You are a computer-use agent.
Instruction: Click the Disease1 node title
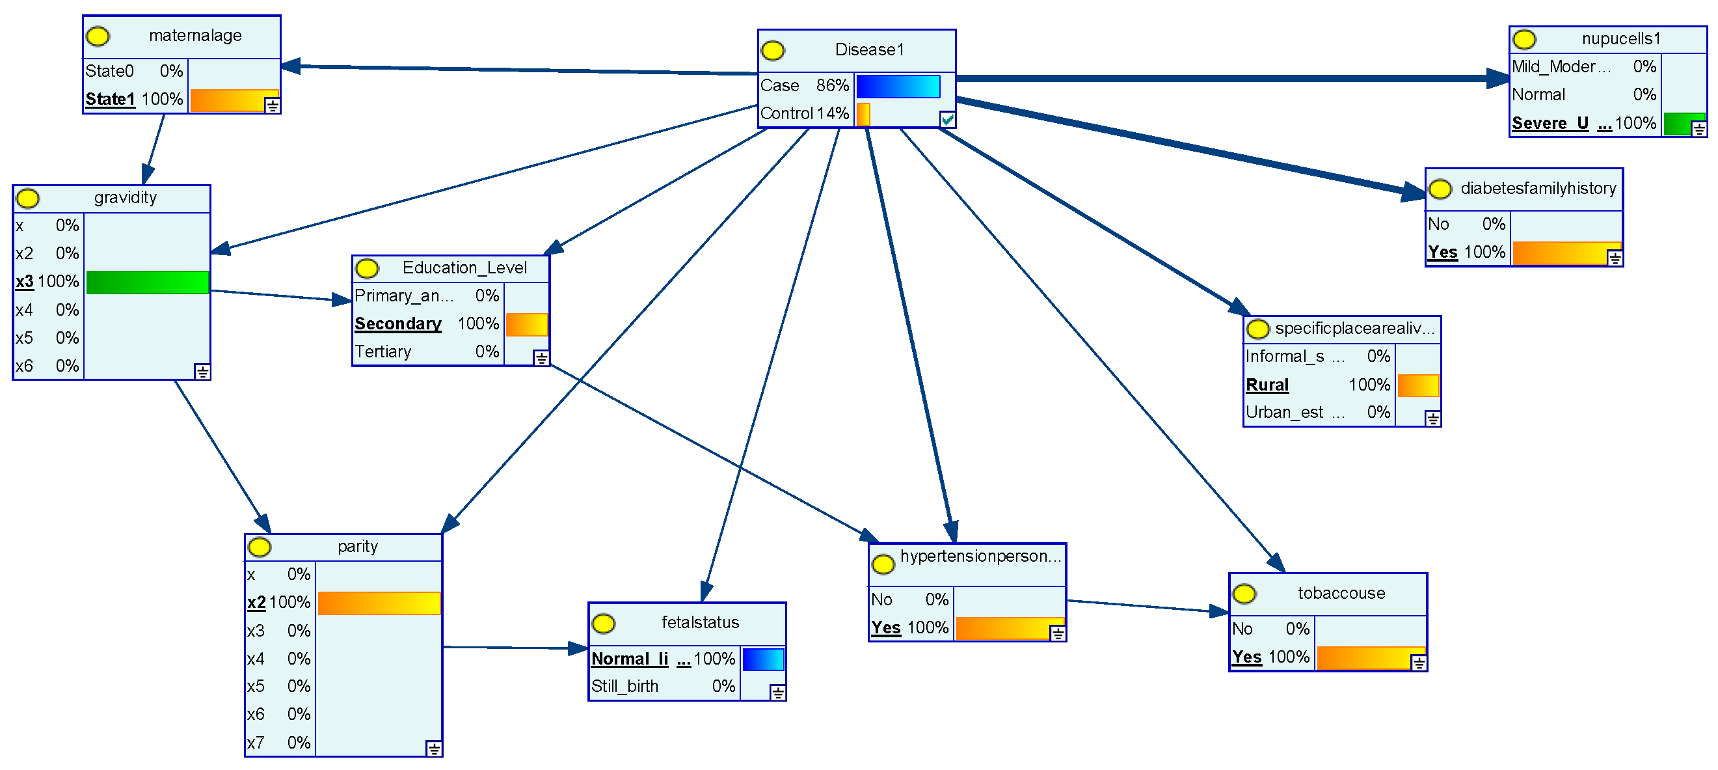pos(869,50)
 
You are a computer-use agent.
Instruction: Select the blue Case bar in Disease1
pos(898,86)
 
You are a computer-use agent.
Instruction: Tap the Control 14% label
pos(804,114)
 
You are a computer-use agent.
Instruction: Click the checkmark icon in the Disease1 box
pos(947,119)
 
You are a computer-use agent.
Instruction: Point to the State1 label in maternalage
pos(110,100)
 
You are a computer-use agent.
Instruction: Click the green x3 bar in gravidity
pos(148,282)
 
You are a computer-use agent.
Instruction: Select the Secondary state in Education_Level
pos(397,324)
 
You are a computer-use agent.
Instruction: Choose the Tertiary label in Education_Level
pos(383,352)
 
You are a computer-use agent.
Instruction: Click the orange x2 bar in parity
pos(379,603)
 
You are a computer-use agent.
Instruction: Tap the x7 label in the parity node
pos(256,743)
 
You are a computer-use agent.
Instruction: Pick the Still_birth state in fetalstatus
pos(624,687)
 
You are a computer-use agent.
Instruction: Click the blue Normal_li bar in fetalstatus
pos(762,659)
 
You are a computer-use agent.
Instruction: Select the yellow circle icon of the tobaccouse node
pos(1244,594)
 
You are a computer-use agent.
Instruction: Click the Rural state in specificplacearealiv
pos(1267,386)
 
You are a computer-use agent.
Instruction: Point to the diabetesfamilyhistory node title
pos(1538,189)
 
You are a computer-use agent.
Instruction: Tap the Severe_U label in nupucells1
pos(1550,124)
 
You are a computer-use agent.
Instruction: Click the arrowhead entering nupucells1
pos(1498,78)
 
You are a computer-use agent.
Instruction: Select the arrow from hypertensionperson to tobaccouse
pos(1147,607)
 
